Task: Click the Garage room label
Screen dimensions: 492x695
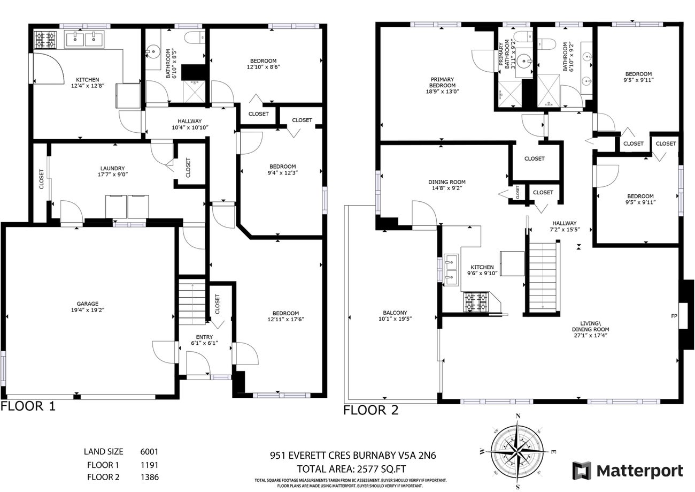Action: click(x=87, y=304)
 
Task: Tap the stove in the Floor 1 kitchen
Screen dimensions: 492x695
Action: click(x=42, y=40)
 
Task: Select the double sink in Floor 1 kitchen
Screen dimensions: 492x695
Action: click(x=84, y=39)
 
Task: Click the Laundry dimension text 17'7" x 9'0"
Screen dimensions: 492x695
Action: click(x=112, y=175)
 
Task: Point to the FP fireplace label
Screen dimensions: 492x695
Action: click(x=674, y=316)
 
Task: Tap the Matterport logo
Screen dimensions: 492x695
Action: click(x=628, y=471)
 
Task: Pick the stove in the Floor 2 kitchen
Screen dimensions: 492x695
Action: click(x=475, y=301)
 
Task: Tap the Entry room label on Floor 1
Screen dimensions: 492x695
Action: click(x=204, y=337)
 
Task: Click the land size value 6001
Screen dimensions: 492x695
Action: click(x=149, y=452)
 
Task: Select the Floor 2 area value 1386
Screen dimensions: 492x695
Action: click(x=149, y=476)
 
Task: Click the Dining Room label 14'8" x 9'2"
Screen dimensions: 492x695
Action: click(x=447, y=185)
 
